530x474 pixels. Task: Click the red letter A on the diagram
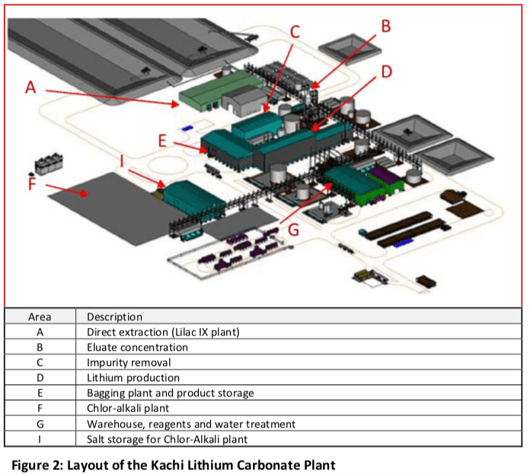pyautogui.click(x=31, y=87)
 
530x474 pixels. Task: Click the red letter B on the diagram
pyautogui.click(x=385, y=26)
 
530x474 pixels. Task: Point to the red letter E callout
pyautogui.click(x=161, y=140)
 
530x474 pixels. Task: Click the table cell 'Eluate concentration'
pyautogui.click(x=137, y=347)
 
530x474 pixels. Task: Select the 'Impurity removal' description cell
pyautogui.click(x=128, y=362)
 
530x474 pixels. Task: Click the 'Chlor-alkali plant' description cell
pyautogui.click(x=130, y=409)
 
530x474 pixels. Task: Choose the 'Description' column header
pyautogui.click(x=114, y=317)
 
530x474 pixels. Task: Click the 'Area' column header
pyautogui.click(x=39, y=317)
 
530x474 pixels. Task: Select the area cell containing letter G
pyautogui.click(x=39, y=424)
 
